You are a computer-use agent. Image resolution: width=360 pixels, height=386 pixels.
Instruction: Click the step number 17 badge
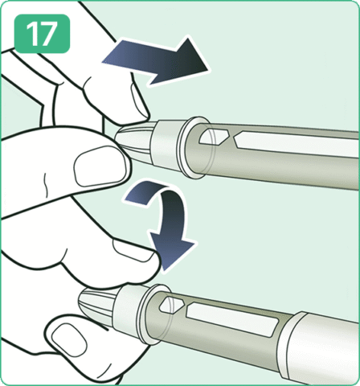42,34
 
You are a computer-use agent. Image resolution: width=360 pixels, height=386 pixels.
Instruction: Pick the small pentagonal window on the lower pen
171,305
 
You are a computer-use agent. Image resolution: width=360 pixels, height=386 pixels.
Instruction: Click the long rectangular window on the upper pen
296,144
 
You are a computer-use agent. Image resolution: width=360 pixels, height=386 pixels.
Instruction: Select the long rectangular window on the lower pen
232,318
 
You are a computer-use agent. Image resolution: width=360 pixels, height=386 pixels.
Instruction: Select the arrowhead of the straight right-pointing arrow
191,60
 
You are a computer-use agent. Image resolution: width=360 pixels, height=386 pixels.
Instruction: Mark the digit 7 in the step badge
48,34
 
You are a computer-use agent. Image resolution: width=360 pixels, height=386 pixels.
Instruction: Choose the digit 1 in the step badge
32,34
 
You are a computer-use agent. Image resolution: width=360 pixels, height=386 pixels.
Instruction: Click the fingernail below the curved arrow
133,251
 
